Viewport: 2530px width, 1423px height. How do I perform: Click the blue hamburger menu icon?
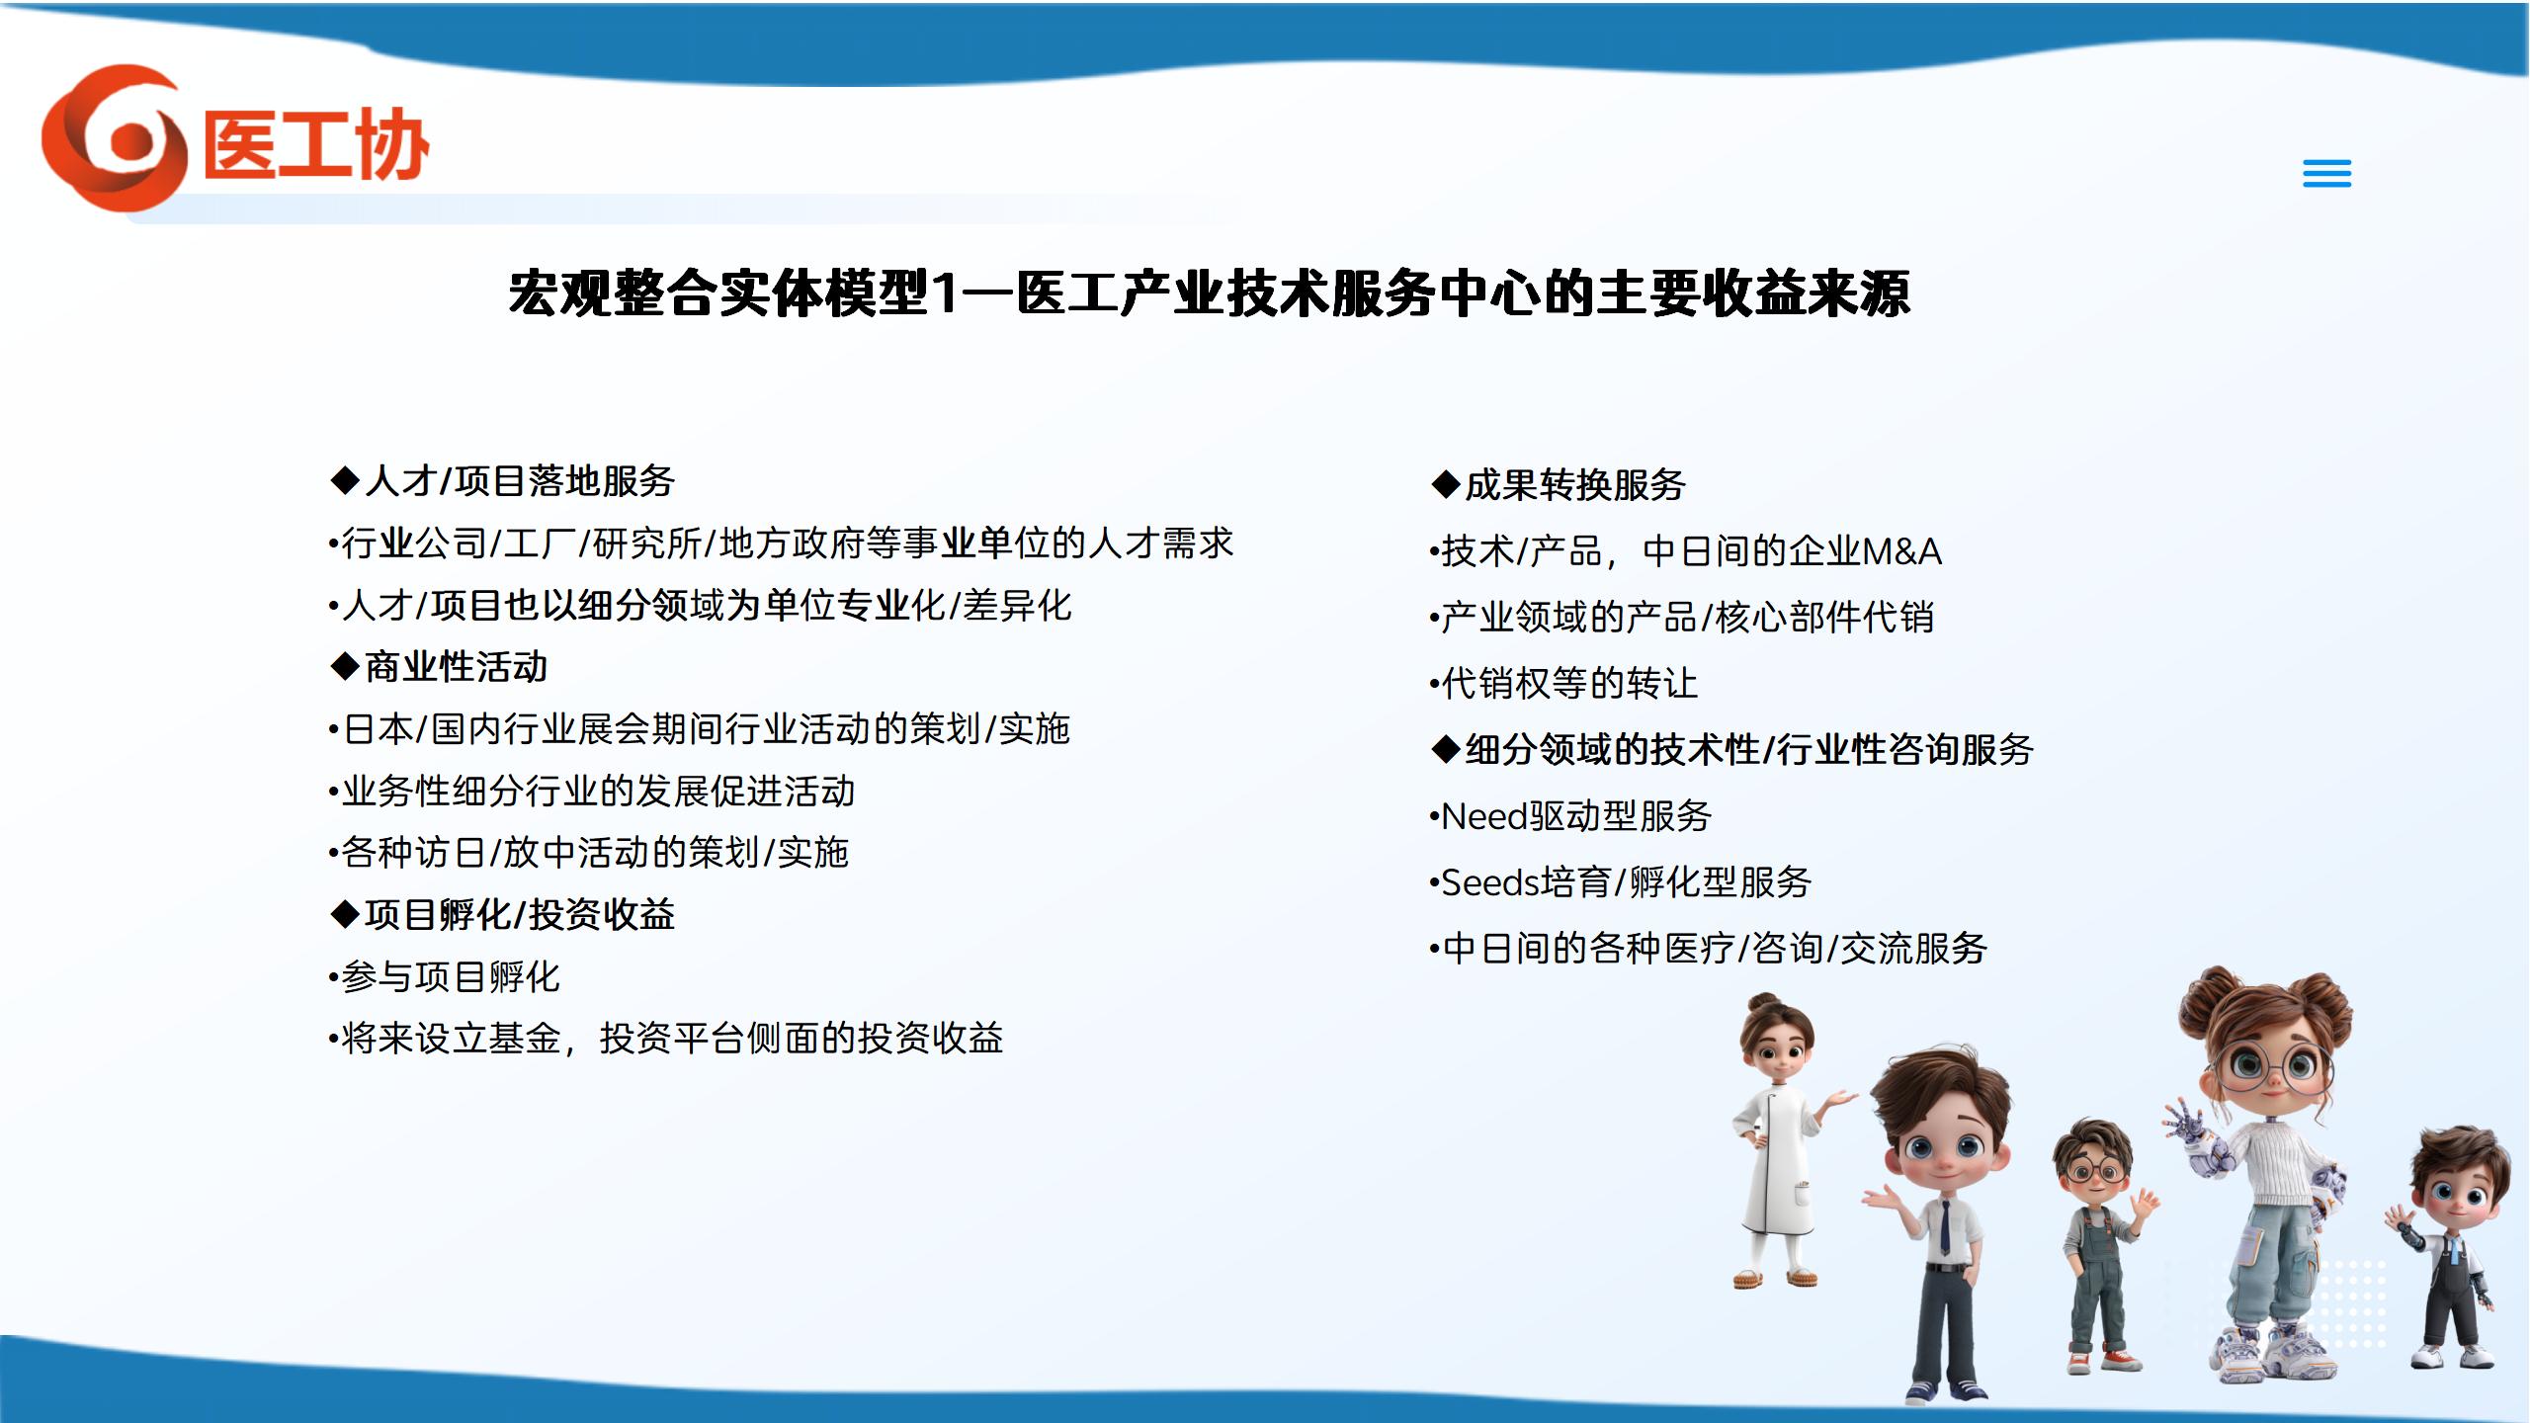pyautogui.click(x=2326, y=174)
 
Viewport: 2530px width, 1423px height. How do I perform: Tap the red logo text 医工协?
pyautogui.click(x=316, y=144)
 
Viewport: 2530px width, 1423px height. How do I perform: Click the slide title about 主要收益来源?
pyautogui.click(x=1209, y=293)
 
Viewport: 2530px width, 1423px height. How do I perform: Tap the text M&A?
pyautogui.click(x=1901, y=551)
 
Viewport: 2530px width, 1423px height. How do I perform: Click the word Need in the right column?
pyautogui.click(x=1484, y=816)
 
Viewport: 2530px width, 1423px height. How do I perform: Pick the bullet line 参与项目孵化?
pyautogui.click(x=444, y=977)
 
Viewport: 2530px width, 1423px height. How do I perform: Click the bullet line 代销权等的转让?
pyautogui.click(x=1563, y=684)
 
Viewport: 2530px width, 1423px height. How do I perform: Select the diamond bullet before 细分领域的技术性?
pyautogui.click(x=1446, y=750)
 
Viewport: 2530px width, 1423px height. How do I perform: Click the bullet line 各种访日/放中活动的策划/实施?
pyautogui.click(x=589, y=853)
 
